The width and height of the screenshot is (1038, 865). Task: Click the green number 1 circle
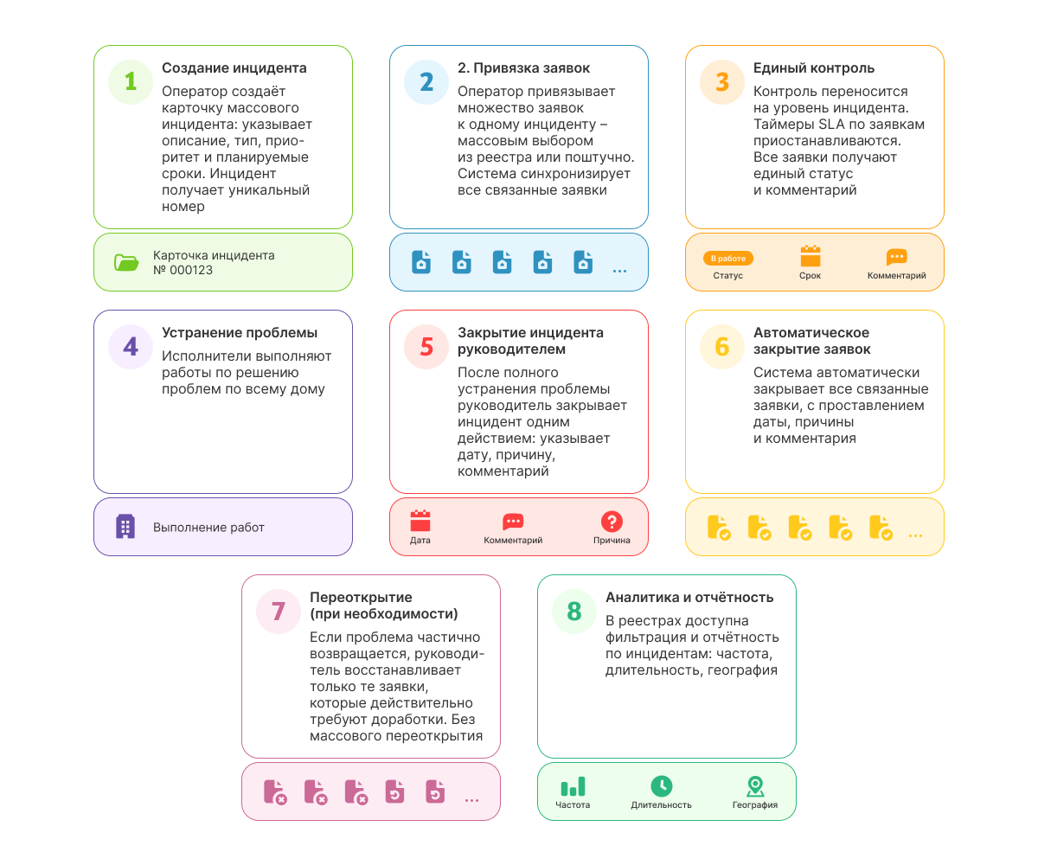click(131, 82)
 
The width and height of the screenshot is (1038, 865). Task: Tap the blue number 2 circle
click(426, 82)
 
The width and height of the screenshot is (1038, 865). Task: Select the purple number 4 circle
click(131, 347)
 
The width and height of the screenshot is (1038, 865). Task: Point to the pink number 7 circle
click(278, 611)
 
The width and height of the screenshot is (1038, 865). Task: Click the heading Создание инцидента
click(234, 68)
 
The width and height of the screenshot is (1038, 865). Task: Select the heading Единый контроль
click(813, 68)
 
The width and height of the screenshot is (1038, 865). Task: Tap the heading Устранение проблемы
click(239, 332)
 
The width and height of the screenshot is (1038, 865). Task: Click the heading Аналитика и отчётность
click(689, 597)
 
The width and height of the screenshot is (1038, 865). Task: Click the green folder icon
click(126, 262)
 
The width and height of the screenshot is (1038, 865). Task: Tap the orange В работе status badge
click(727, 258)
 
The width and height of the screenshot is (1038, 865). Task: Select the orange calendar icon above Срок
click(810, 256)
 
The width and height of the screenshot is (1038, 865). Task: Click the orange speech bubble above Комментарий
click(896, 257)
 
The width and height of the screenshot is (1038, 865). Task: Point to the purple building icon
click(125, 526)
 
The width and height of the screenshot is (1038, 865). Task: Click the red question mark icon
click(612, 521)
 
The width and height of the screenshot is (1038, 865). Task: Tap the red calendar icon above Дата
click(420, 521)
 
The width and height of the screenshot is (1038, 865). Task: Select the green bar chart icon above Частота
click(573, 786)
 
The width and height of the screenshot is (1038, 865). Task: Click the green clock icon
click(661, 786)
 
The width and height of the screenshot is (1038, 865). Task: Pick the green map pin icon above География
click(754, 786)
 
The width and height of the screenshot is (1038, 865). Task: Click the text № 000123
click(183, 270)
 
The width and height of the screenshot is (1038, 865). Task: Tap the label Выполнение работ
click(208, 527)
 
